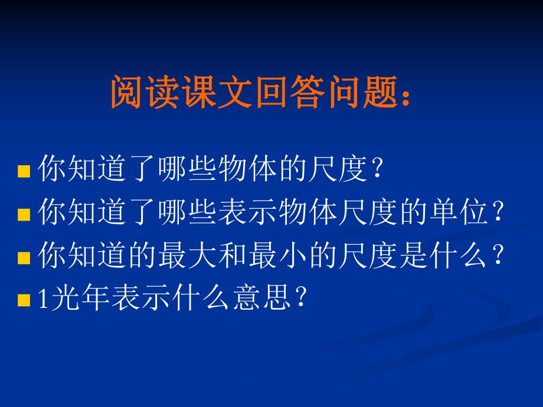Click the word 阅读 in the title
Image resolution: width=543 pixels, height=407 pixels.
(146, 93)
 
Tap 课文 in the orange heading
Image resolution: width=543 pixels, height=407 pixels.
(219, 93)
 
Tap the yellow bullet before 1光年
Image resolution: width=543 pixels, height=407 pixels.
(24, 301)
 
